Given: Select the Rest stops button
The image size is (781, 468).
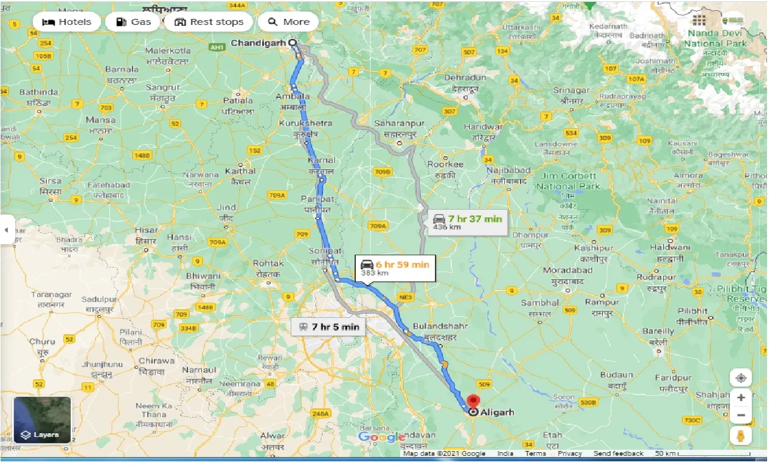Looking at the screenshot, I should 209,22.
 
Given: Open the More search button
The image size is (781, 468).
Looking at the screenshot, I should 288,22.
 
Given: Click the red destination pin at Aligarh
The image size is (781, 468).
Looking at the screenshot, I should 473,402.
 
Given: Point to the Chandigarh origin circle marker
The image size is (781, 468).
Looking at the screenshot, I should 293,43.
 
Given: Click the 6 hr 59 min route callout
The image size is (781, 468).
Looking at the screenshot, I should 395,267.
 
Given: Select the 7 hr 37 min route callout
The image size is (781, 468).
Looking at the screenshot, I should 467,222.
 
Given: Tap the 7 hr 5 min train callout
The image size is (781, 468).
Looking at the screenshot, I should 328,327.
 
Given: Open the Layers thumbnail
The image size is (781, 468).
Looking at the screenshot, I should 42,419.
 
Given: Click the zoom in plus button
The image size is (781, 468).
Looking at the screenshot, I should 741,397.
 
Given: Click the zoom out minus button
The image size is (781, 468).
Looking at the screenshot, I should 741,416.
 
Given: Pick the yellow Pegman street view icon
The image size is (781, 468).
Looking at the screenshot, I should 741,436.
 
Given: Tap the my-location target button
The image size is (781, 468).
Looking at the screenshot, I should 741,377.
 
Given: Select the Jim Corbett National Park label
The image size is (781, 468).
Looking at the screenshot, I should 568,181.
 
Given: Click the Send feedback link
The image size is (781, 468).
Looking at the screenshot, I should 619,453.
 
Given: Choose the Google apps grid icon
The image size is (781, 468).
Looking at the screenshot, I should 698,19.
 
